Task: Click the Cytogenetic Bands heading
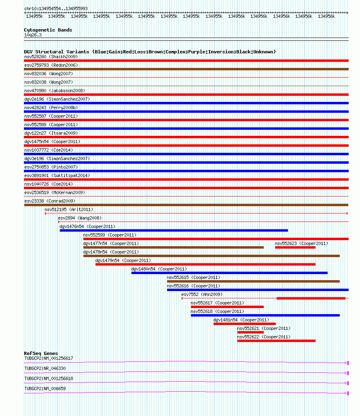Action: [x=48, y=30]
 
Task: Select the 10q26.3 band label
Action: [x=33, y=35]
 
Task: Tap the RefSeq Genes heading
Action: [x=41, y=353]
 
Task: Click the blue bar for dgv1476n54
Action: [x=174, y=230]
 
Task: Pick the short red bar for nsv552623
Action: [x=295, y=247]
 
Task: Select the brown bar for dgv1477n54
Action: [x=173, y=247]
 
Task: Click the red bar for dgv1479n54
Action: [x=205, y=264]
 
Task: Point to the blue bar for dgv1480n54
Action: [x=229, y=273]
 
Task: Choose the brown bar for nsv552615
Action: [x=253, y=281]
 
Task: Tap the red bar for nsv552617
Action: [x=227, y=307]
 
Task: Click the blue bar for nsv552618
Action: [x=265, y=315]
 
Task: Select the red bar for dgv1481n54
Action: [x=244, y=324]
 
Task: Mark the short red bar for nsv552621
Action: [x=250, y=332]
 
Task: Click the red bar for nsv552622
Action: [x=276, y=341]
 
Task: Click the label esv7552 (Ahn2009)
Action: [x=202, y=294]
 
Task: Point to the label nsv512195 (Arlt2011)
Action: [x=69, y=209]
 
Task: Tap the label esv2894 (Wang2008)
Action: [x=80, y=218]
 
